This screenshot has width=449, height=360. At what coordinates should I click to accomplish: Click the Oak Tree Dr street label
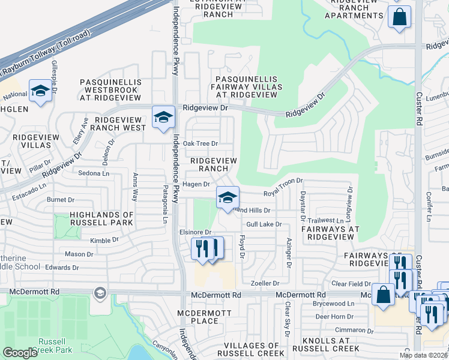(200, 143)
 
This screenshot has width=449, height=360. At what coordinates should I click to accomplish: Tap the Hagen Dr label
(196, 184)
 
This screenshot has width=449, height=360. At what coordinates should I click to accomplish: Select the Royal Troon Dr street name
(283, 193)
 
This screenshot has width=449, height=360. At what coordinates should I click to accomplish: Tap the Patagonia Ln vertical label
(165, 204)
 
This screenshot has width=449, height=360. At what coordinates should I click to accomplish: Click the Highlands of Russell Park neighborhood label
(101, 218)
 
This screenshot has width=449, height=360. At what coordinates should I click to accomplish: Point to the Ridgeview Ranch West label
(120, 124)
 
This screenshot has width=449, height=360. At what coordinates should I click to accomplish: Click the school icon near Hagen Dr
(228, 197)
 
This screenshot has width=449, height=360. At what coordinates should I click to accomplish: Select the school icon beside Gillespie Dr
(40, 91)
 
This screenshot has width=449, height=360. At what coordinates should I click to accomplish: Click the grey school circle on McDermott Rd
(100, 293)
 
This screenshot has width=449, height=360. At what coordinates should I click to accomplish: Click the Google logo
(20, 352)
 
